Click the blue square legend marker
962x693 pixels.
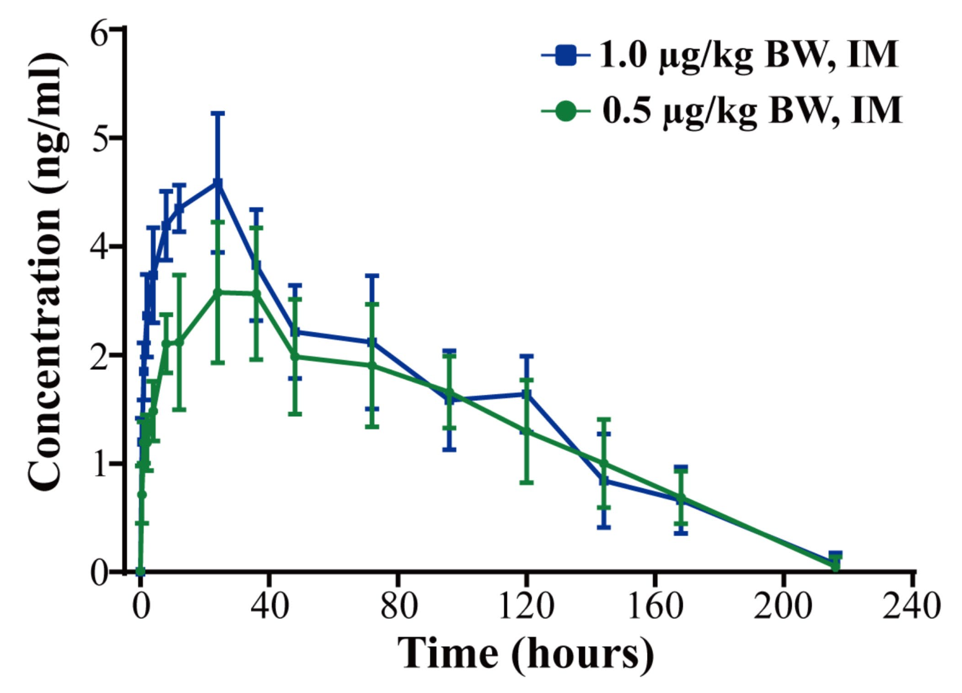(x=565, y=56)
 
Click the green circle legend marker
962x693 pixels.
(x=565, y=111)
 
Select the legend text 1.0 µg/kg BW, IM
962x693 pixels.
(x=748, y=55)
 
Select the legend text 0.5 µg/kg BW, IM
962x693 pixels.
(x=752, y=111)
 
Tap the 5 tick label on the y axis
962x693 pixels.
(x=100, y=138)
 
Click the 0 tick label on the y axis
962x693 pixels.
(x=100, y=572)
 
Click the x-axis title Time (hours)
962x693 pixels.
(x=525, y=653)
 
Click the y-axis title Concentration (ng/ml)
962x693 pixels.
(x=46, y=272)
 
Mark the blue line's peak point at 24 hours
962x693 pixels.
(x=217, y=184)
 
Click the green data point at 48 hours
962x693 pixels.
(x=295, y=357)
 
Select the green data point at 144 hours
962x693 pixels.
(x=603, y=464)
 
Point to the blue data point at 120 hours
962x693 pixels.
(x=526, y=394)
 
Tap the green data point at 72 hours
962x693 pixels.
(x=372, y=366)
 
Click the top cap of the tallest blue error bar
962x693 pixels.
(x=217, y=113)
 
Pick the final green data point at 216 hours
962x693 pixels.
(x=835, y=566)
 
